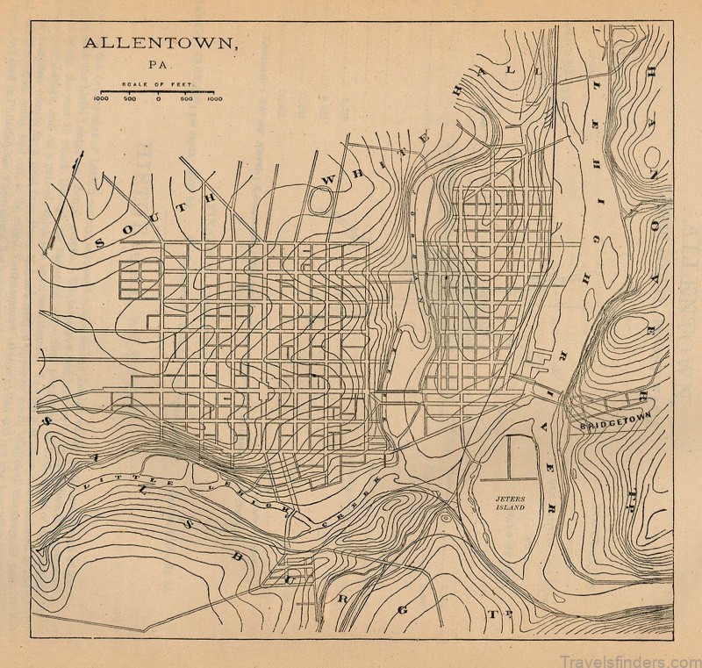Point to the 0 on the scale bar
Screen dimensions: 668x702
coord(158,99)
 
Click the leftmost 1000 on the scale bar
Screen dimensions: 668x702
coord(100,99)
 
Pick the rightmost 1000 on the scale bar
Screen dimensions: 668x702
coord(214,99)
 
